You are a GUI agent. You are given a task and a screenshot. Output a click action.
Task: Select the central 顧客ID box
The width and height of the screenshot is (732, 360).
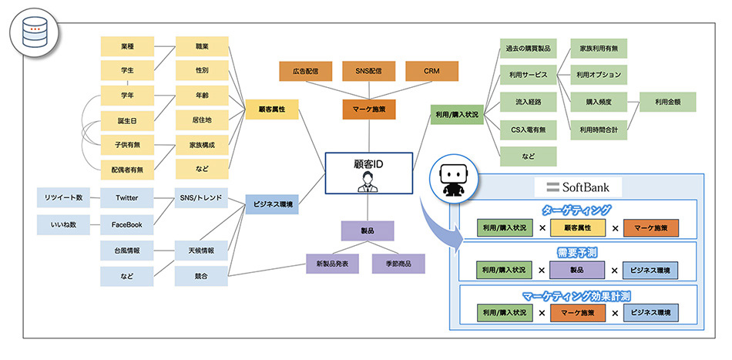pyautogui.click(x=368, y=173)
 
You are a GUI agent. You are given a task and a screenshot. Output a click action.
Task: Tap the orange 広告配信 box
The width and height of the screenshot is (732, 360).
pyautogui.click(x=306, y=71)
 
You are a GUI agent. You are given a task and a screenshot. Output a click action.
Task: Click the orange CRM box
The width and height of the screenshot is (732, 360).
pyautogui.click(x=431, y=71)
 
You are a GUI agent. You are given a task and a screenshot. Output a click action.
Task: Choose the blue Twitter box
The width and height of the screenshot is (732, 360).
pyautogui.click(x=127, y=198)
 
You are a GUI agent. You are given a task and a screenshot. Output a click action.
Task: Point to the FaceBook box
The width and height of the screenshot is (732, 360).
pyautogui.click(x=127, y=224)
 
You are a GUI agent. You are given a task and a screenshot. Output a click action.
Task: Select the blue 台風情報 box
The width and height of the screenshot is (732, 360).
pyautogui.click(x=127, y=251)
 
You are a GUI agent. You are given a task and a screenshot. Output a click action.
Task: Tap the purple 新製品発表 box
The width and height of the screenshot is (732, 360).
pyautogui.click(x=333, y=264)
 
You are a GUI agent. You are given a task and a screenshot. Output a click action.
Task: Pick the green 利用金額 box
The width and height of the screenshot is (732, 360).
pyautogui.click(x=667, y=102)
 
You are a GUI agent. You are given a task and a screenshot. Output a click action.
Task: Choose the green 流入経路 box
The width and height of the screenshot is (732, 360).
pyautogui.click(x=528, y=102)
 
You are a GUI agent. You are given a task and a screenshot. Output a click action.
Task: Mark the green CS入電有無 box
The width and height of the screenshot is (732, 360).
pyautogui.click(x=528, y=129)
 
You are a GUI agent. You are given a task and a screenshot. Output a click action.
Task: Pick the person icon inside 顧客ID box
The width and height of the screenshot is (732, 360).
pyautogui.click(x=368, y=183)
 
